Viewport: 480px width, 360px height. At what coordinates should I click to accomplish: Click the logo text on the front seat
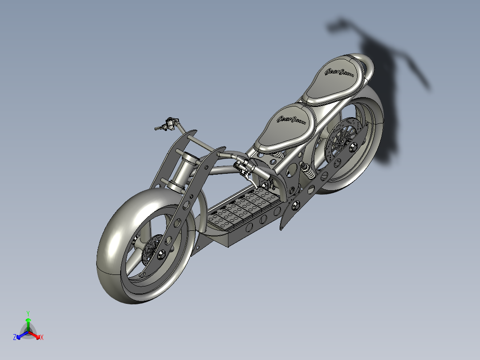292,120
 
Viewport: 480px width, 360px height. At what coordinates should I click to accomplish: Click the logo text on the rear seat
340,72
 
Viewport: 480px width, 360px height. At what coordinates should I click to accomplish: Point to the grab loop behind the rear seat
367,65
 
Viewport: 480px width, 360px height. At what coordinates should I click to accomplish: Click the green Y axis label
28,313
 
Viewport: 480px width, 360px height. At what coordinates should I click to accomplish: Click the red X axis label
42,338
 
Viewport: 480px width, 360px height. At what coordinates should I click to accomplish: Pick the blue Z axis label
15,337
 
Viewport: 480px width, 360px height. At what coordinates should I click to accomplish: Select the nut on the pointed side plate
293,206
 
